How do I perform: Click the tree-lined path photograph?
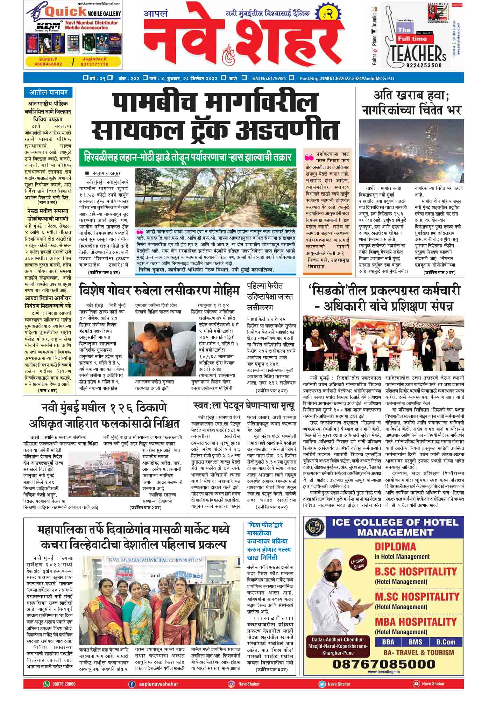coord(215,197)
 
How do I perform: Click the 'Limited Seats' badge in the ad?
coord(359,563)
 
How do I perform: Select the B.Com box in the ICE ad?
coord(445,642)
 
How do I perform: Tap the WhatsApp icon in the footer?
coord(47,684)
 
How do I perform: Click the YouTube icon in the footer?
coord(416,684)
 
